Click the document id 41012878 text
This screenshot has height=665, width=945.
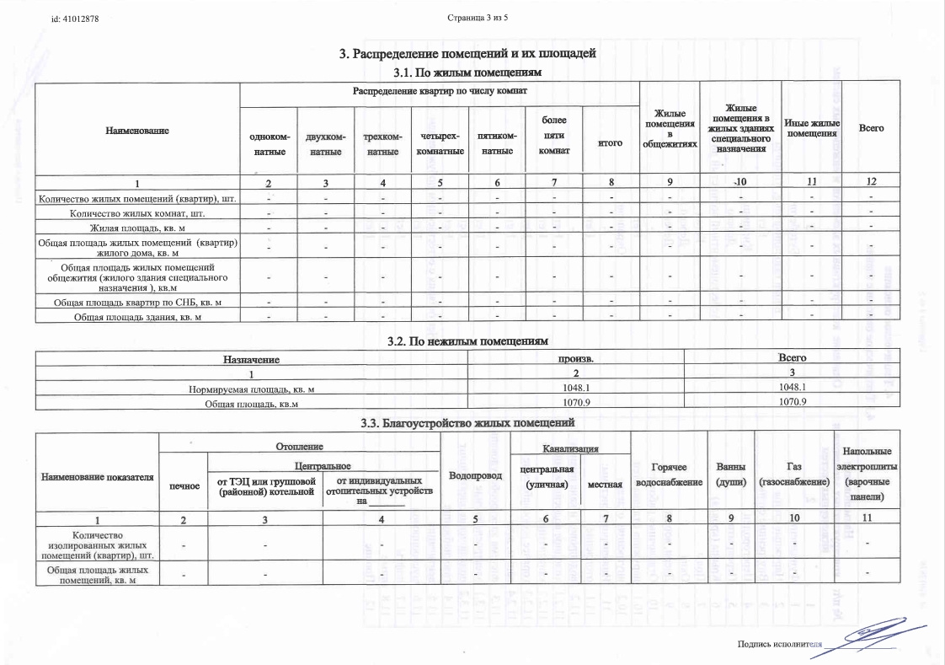coord(76,19)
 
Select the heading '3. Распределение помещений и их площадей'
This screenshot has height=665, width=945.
coord(467,54)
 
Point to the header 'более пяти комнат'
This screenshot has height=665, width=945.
coord(553,136)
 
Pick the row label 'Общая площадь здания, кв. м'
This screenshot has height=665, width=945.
coord(139,316)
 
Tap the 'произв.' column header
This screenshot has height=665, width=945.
coord(576,358)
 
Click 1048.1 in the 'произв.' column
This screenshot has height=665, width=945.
coord(576,388)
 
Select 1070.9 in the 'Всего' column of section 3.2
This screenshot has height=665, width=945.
coord(793,402)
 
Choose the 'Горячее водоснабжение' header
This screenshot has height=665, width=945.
coord(669,475)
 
